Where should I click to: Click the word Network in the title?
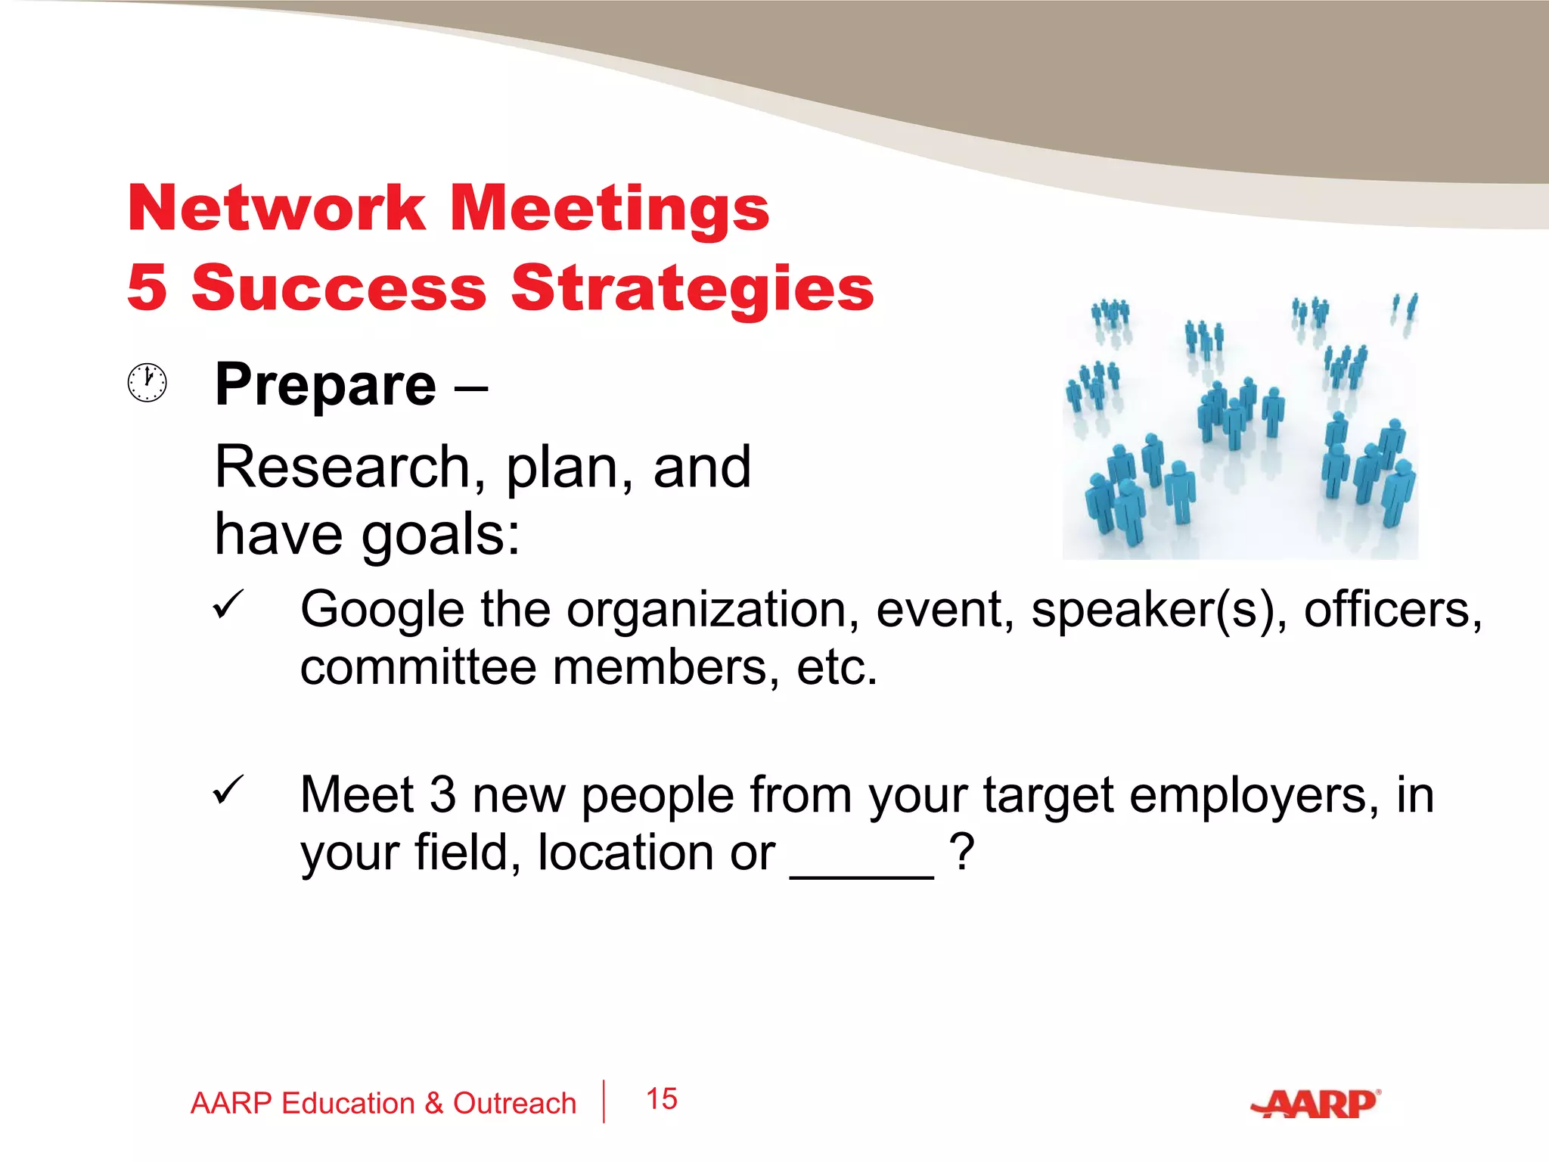277,209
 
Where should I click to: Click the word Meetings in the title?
610,210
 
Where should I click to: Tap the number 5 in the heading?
147,287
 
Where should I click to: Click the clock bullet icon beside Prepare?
147,383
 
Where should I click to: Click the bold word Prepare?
325,386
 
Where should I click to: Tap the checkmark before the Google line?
227,605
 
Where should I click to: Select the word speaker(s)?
1159,610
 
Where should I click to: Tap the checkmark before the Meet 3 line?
227,791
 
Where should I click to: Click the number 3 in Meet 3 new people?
442,796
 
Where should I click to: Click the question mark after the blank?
961,853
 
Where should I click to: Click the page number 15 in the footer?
662,1099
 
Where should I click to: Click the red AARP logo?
1315,1104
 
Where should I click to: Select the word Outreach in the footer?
514,1104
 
